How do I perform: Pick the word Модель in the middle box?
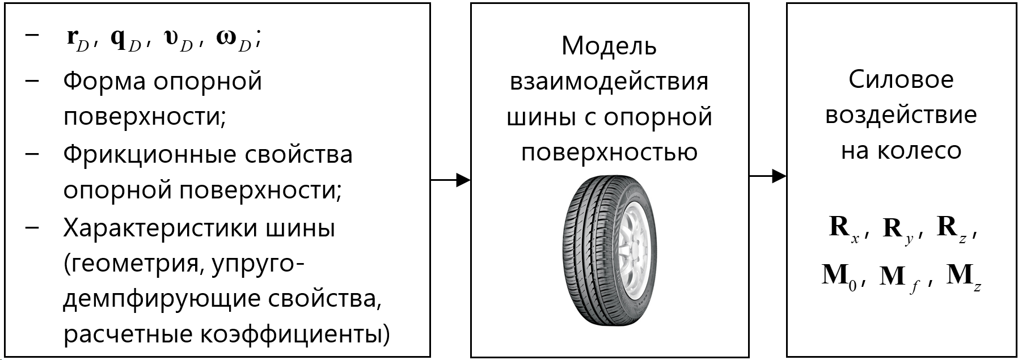[x=609, y=46]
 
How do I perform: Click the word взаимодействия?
[x=609, y=81]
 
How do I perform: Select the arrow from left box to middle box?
[x=450, y=180]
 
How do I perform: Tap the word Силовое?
[x=901, y=79]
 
